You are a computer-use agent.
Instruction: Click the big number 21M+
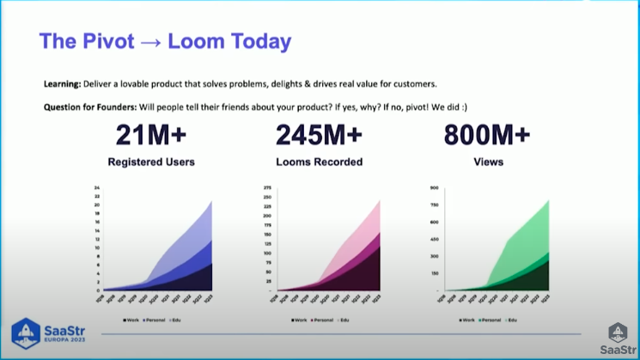(151, 136)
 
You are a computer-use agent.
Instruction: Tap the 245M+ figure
(319, 136)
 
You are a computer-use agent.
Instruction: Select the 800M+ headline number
(487, 136)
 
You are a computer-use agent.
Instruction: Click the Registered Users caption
(151, 161)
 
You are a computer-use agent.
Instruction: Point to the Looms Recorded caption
(319, 161)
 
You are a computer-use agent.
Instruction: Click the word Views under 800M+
(487, 161)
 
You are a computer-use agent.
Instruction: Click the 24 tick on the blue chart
(97, 187)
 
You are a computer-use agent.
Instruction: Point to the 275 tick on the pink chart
(268, 187)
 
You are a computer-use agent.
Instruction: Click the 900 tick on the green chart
(434, 187)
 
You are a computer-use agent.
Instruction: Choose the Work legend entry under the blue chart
(131, 320)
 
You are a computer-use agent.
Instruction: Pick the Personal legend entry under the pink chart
(321, 320)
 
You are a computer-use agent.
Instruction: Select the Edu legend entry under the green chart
(512, 320)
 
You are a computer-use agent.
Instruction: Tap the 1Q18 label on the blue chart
(103, 298)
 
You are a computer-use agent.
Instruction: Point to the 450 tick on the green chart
(434, 239)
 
